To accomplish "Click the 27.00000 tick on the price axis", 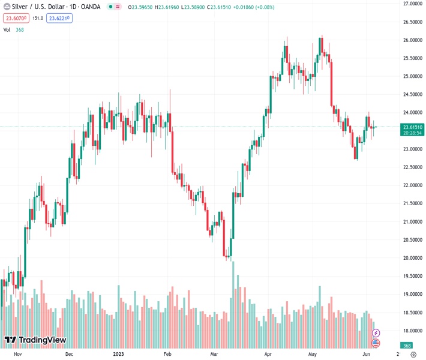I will tap(412, 4).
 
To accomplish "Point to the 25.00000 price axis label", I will tap(412, 76).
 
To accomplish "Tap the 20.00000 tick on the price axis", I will tap(412, 258).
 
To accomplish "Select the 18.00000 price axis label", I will tap(412, 331).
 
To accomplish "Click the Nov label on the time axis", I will tap(17, 354).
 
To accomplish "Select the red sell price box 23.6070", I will tap(15, 18).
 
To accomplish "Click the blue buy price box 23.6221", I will tap(59, 18).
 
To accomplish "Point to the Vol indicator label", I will tap(7, 29).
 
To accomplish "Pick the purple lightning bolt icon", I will tap(376, 332).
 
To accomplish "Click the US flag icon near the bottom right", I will tap(376, 343).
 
